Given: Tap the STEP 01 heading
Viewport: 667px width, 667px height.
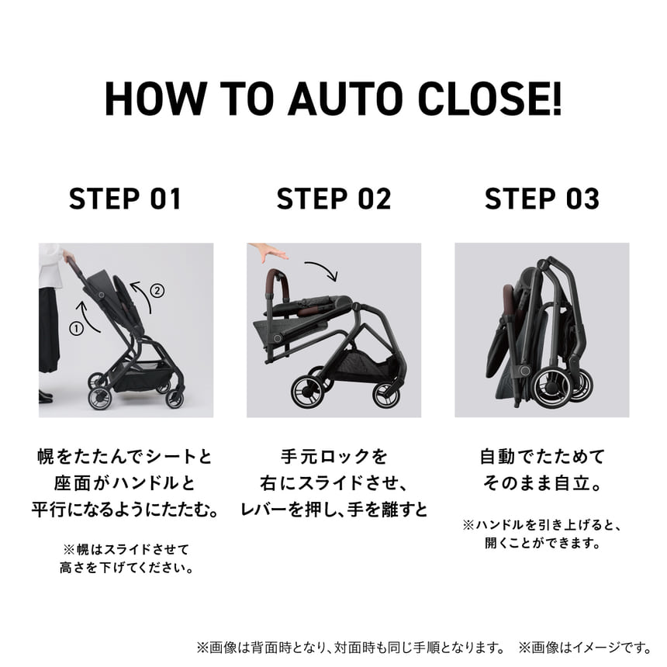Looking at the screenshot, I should [x=125, y=199].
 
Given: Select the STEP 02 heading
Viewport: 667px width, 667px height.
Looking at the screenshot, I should [x=333, y=199].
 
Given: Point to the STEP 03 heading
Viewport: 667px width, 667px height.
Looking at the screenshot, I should [x=541, y=199].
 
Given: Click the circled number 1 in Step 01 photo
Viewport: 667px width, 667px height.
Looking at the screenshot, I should [x=76, y=328].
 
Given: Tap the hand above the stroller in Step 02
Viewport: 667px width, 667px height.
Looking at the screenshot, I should [x=268, y=253].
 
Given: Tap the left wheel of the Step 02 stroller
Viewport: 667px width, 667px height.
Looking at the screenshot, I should [x=306, y=392].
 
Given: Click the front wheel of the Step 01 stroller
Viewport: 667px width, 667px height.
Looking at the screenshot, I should [x=99, y=398].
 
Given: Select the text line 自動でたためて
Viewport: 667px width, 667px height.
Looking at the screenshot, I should [x=541, y=456].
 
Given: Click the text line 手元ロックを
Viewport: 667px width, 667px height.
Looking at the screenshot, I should [x=333, y=456].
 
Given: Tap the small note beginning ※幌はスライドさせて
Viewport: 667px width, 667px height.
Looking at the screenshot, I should [x=125, y=548].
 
